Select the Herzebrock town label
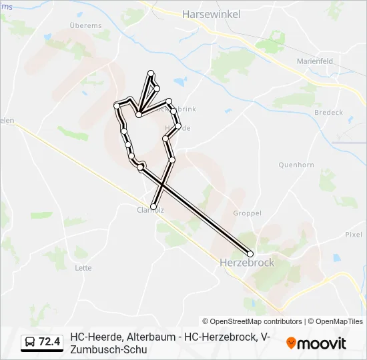click(247, 263)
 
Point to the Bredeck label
click(328, 113)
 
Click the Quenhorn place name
click(296, 164)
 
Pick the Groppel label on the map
click(248, 213)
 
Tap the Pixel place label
click(353, 234)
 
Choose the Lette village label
click(83, 268)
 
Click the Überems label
click(85, 25)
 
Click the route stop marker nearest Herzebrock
click(250, 253)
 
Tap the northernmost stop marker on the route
click(151, 73)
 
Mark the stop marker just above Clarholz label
click(153, 207)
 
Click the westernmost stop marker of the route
click(117, 105)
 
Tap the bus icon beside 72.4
click(29, 343)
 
